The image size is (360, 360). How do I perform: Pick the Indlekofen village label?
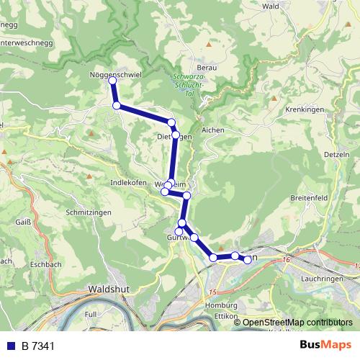click(129, 183)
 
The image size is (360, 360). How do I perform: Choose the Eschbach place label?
click(46, 265)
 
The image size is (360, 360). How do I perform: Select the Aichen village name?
click(213, 130)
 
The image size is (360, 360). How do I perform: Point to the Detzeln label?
click(336, 154)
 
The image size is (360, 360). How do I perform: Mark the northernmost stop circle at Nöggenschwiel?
click(112, 81)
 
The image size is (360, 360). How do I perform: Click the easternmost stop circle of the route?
click(248, 259)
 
